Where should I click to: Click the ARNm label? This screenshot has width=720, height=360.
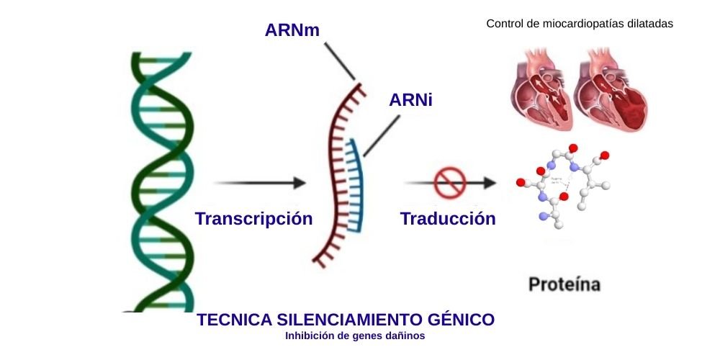(292, 30)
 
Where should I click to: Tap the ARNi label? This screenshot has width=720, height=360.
(410, 100)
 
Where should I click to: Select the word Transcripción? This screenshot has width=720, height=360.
(253, 219)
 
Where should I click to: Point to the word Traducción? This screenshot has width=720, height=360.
(448, 219)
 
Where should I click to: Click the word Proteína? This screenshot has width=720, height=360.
(564, 284)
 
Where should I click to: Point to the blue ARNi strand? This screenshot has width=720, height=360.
(353, 187)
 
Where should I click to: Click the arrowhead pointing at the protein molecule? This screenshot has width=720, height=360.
(490, 183)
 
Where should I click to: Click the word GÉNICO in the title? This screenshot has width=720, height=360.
(463, 320)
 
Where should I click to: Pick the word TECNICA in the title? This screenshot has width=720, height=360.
(228, 320)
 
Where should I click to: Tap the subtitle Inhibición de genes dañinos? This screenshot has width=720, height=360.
(355, 336)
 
